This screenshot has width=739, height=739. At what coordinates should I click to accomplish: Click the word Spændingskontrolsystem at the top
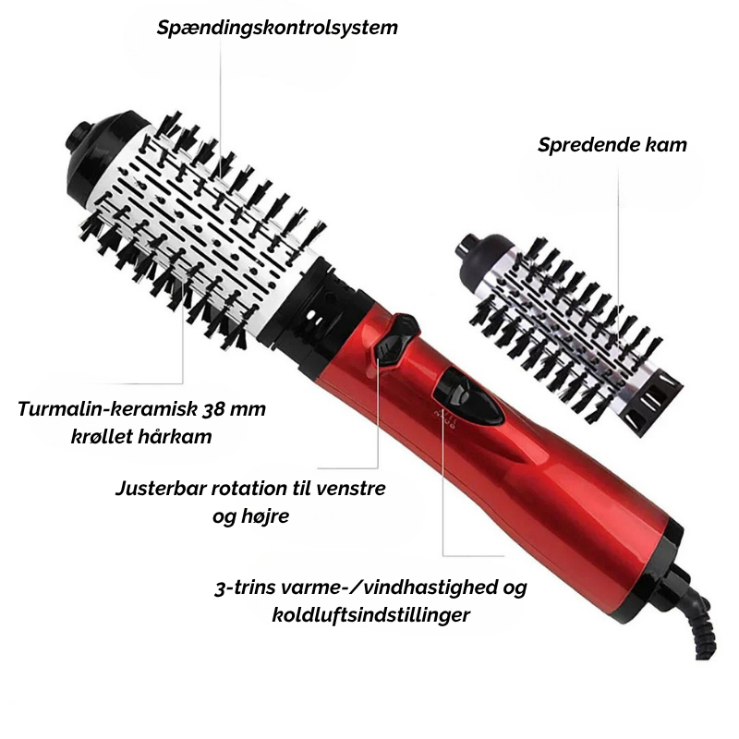(x=277, y=28)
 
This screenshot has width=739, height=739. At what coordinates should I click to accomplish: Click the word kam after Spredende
(x=664, y=144)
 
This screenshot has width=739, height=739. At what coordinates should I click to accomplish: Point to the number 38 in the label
(x=212, y=408)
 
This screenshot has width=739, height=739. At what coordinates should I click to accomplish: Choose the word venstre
(x=350, y=489)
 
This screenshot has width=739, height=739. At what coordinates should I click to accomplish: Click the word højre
(x=264, y=517)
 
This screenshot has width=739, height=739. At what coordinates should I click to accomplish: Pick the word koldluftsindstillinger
(x=371, y=615)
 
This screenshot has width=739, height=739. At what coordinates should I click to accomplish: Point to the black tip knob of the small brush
(x=481, y=252)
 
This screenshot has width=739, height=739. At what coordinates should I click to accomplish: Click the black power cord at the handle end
(x=697, y=612)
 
